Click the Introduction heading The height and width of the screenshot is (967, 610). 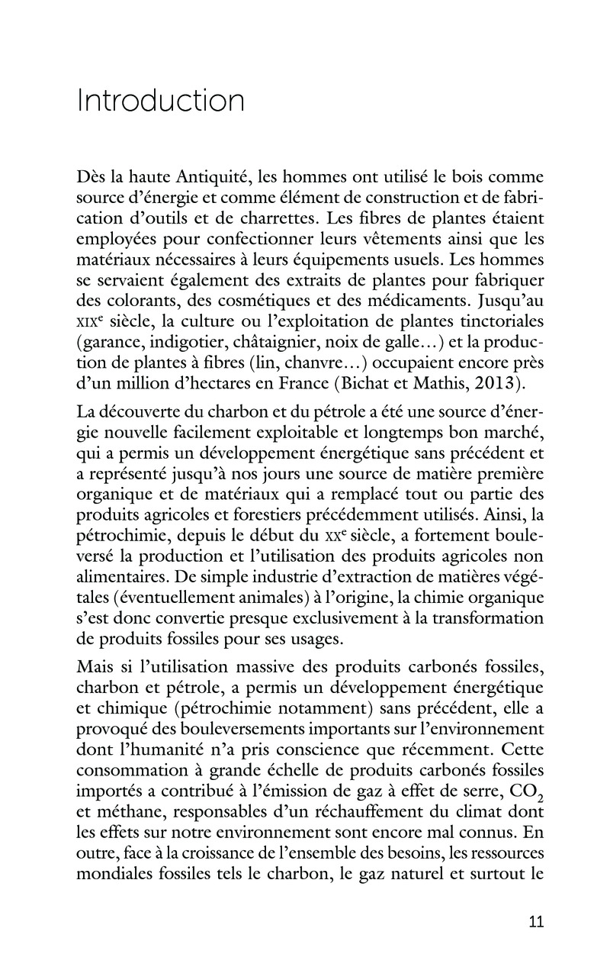coord(160,102)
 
